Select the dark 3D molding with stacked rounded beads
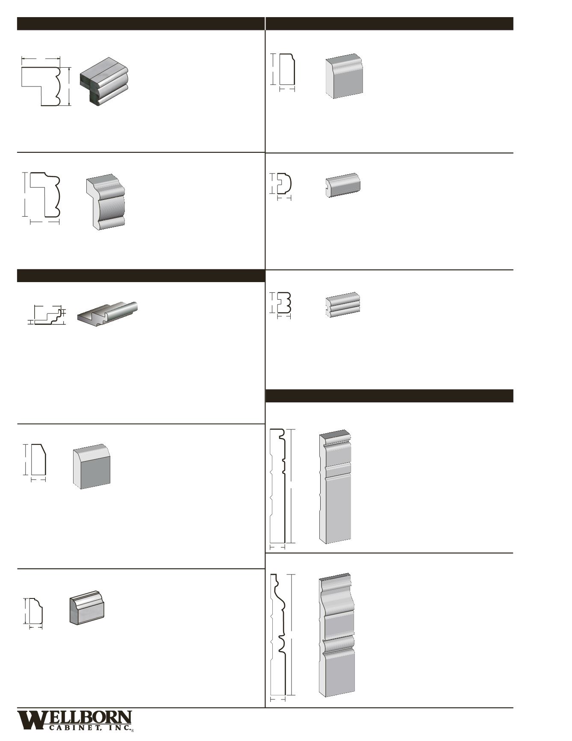click(104, 81)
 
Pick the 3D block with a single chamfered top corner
click(91, 466)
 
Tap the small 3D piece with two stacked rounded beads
click(342, 304)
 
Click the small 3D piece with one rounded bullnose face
click(343, 185)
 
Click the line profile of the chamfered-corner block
click(38, 460)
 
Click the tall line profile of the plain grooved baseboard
click(277, 485)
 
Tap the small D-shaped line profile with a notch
click(284, 184)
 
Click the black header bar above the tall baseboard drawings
click(389, 396)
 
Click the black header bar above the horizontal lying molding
click(140, 276)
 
